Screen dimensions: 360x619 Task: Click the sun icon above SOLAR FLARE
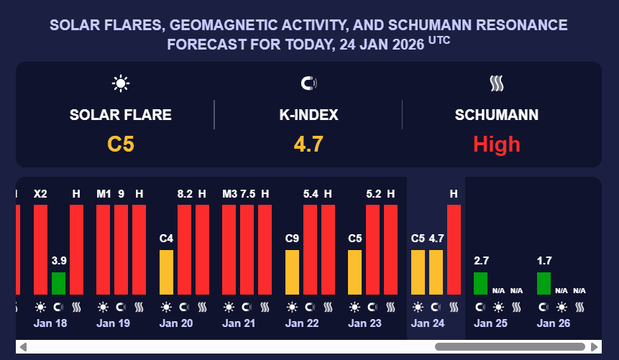click(x=121, y=83)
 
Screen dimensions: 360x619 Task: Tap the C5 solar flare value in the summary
click(x=121, y=144)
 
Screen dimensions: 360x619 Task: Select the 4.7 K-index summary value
click(x=308, y=144)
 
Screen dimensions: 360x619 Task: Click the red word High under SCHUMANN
click(x=496, y=144)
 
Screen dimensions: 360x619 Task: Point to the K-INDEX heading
click(x=308, y=114)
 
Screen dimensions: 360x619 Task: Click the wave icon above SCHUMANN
click(x=497, y=83)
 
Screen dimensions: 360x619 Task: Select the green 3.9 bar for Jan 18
click(x=58, y=283)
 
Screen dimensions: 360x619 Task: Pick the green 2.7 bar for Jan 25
click(x=480, y=283)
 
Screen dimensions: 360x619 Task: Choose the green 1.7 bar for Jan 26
click(x=544, y=283)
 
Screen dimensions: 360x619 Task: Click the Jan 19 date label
click(x=113, y=323)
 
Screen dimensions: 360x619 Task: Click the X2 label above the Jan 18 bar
click(x=40, y=194)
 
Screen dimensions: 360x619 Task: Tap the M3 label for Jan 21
click(x=229, y=194)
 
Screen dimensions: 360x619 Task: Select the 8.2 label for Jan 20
click(x=184, y=194)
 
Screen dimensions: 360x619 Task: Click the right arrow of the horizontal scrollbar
click(x=595, y=347)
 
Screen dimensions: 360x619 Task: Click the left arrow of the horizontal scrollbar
click(x=23, y=347)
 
